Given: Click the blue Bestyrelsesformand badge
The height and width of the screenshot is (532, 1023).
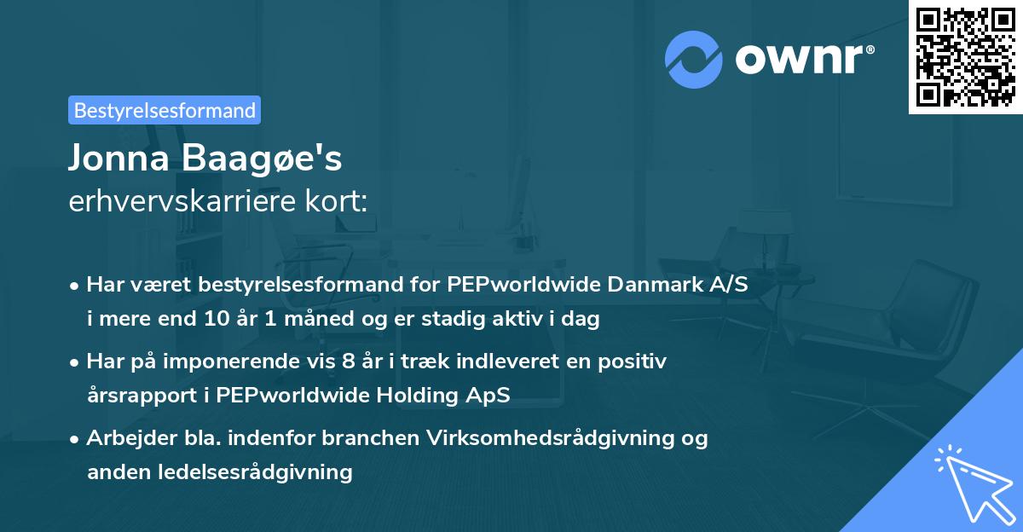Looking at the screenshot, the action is pyautogui.click(x=165, y=110).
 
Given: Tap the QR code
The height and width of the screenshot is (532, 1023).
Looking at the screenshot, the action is pyautogui.click(x=965, y=56).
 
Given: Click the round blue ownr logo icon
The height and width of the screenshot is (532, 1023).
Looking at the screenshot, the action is pyautogui.click(x=693, y=60).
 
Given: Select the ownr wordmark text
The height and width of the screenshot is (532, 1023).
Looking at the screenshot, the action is pyautogui.click(x=805, y=60).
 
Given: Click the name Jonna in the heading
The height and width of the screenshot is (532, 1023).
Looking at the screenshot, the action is pyautogui.click(x=119, y=158).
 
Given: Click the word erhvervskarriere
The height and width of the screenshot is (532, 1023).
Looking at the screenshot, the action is pyautogui.click(x=182, y=201).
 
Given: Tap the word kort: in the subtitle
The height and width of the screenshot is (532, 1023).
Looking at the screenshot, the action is pyautogui.click(x=336, y=201).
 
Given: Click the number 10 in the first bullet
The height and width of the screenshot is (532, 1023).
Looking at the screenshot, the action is pyautogui.click(x=217, y=318).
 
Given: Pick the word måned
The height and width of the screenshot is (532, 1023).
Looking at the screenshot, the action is pyautogui.click(x=319, y=318).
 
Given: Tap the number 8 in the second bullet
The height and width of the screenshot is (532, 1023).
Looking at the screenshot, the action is pyautogui.click(x=348, y=361).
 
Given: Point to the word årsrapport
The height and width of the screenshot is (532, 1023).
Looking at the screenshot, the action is pyautogui.click(x=142, y=396).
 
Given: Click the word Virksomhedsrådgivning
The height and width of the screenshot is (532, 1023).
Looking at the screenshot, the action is pyautogui.click(x=550, y=438).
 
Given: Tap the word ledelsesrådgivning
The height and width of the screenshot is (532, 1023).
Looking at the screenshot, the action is pyautogui.click(x=255, y=471).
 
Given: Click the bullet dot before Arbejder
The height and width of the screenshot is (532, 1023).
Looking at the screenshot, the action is pyautogui.click(x=73, y=439).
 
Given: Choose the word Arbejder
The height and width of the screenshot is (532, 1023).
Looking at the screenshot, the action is pyautogui.click(x=131, y=438).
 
